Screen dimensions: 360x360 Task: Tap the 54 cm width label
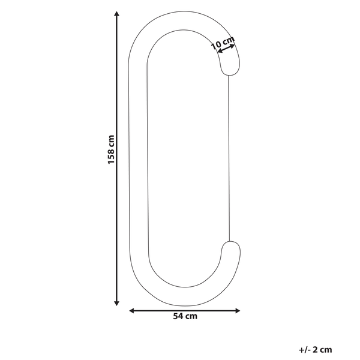pos(185,317)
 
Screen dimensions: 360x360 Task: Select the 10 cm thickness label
pos(223,43)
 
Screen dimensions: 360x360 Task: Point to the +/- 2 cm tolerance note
pos(314,349)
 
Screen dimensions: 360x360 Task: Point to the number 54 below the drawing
pos(178,317)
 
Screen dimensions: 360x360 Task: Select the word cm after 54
pos(191,317)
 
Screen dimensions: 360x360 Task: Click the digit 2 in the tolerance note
pos(315,349)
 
